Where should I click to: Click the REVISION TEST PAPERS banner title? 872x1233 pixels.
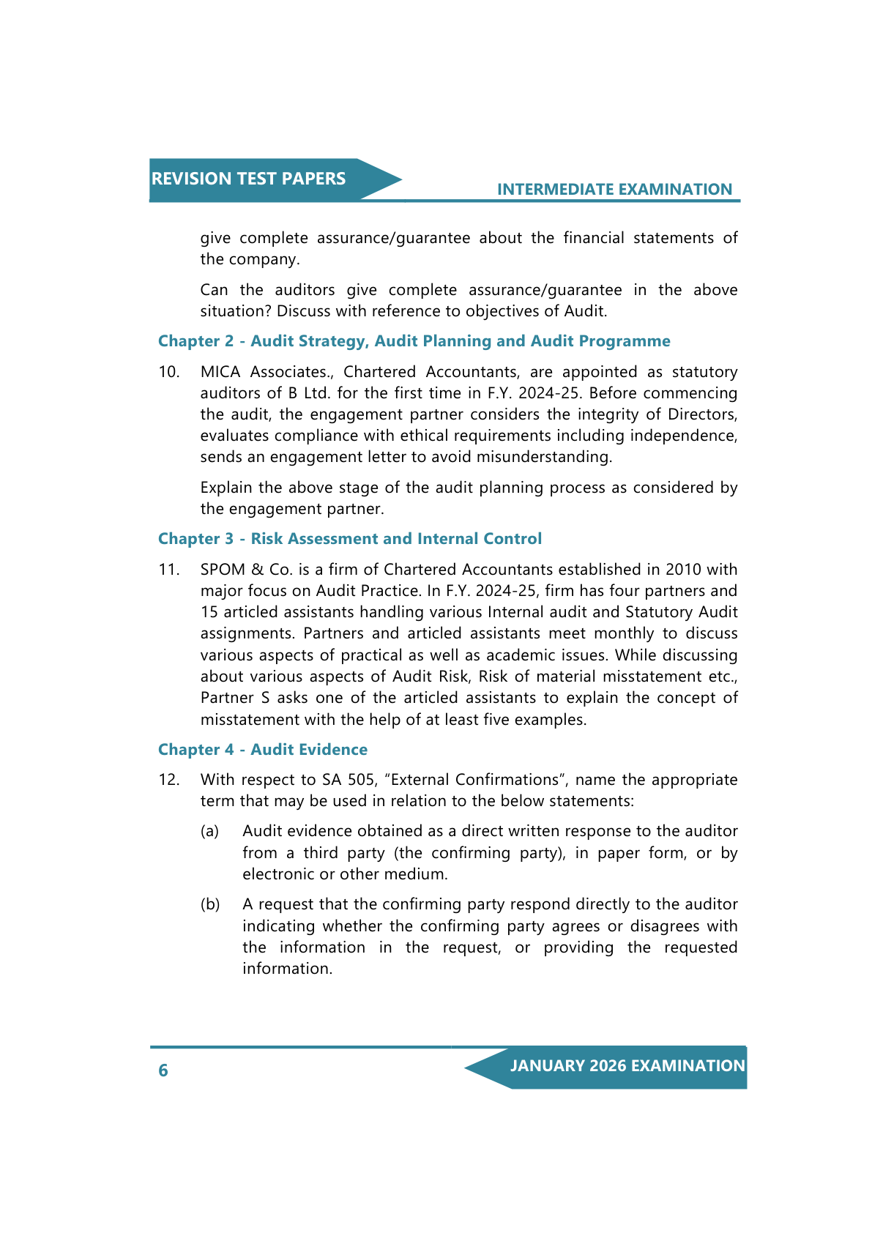pos(248,179)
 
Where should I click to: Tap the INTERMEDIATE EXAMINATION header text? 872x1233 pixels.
pos(614,190)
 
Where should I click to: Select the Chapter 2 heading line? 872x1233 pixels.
pos(414,341)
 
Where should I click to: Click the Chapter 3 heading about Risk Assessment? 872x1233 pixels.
pos(350,539)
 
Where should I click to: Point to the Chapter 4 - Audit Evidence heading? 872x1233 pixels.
pos(263,750)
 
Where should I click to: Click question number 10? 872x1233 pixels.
pos(168,372)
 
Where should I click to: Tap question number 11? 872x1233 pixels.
pos(168,570)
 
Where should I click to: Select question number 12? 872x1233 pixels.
pos(168,780)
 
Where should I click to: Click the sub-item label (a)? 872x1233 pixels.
pos(209,831)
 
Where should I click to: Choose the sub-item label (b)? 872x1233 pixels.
pos(210,904)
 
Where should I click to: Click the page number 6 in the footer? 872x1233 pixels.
pos(163,1070)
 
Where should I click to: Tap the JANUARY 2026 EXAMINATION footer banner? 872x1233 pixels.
pos(627,1066)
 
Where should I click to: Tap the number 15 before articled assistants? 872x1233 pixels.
pos(209,612)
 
